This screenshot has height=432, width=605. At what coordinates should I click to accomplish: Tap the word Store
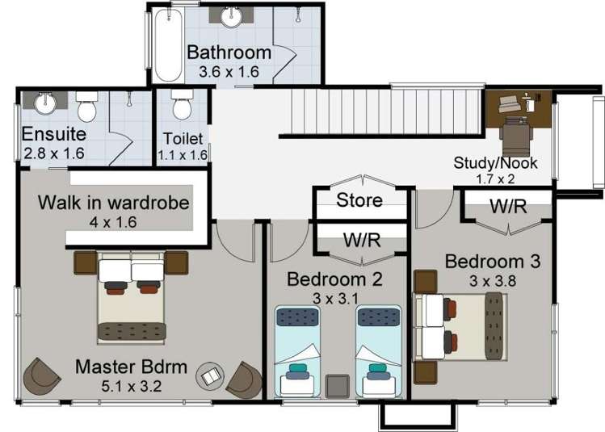click(x=359, y=199)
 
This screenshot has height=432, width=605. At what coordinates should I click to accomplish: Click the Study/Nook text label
click(x=495, y=163)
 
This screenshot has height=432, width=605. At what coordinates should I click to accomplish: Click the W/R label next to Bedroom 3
click(x=508, y=206)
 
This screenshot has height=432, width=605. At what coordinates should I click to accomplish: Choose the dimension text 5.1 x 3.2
click(x=131, y=385)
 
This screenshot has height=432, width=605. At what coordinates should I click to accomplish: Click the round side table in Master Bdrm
click(x=211, y=375)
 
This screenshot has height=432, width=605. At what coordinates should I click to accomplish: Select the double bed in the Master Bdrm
click(x=131, y=298)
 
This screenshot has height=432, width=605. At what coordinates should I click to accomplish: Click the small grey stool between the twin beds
click(x=337, y=385)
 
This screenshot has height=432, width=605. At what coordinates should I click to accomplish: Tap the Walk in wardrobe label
click(x=114, y=203)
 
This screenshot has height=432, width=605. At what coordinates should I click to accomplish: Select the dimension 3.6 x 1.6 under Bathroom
click(x=229, y=71)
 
